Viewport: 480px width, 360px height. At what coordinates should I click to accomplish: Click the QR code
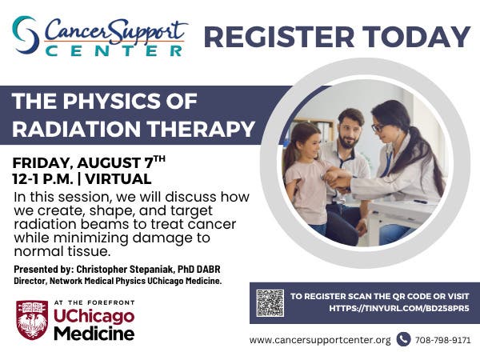pyautogui.click(x=270, y=302)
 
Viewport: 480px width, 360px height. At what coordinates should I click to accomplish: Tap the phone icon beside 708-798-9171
pyautogui.click(x=403, y=339)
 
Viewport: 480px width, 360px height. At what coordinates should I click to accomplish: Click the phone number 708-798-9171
pyautogui.click(x=442, y=340)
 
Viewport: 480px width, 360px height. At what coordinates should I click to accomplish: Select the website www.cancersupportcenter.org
pyautogui.click(x=320, y=340)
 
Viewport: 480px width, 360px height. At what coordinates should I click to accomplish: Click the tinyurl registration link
pyautogui.click(x=399, y=308)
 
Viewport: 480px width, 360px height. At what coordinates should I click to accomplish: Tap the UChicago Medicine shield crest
pyautogui.click(x=32, y=320)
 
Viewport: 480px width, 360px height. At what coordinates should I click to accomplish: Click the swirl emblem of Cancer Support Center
pyautogui.click(x=26, y=35)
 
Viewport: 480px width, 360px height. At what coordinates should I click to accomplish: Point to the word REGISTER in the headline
pyautogui.click(x=278, y=37)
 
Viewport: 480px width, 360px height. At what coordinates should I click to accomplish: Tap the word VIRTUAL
pyautogui.click(x=118, y=179)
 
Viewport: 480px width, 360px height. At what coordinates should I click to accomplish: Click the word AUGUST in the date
pyautogui.click(x=109, y=163)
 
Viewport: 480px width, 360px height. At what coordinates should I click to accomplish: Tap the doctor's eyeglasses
pyautogui.click(x=378, y=128)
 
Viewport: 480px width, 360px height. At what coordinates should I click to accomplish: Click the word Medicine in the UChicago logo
pyautogui.click(x=94, y=334)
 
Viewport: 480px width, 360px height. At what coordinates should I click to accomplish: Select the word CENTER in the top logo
pyautogui.click(x=114, y=51)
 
